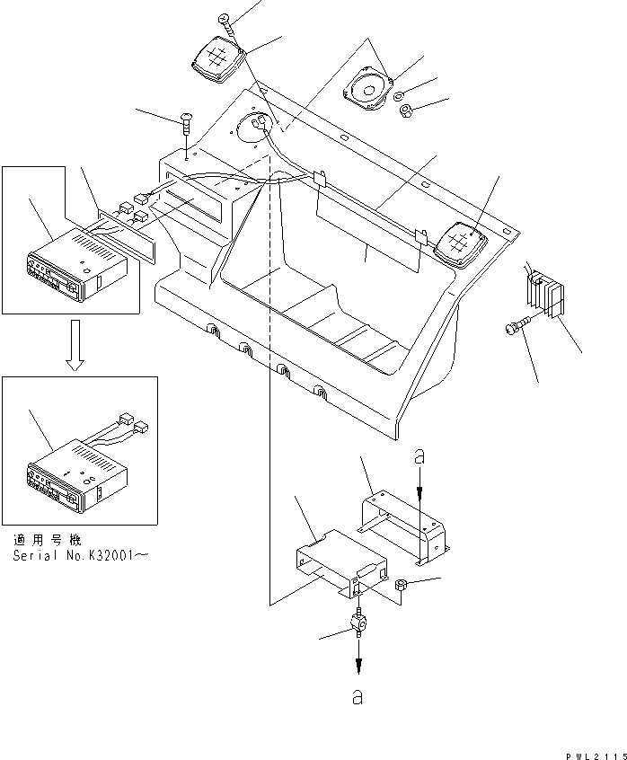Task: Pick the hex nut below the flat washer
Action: [405, 112]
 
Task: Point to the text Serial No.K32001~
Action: [82, 556]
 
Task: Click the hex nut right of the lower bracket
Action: [402, 587]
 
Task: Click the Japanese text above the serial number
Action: [47, 541]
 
